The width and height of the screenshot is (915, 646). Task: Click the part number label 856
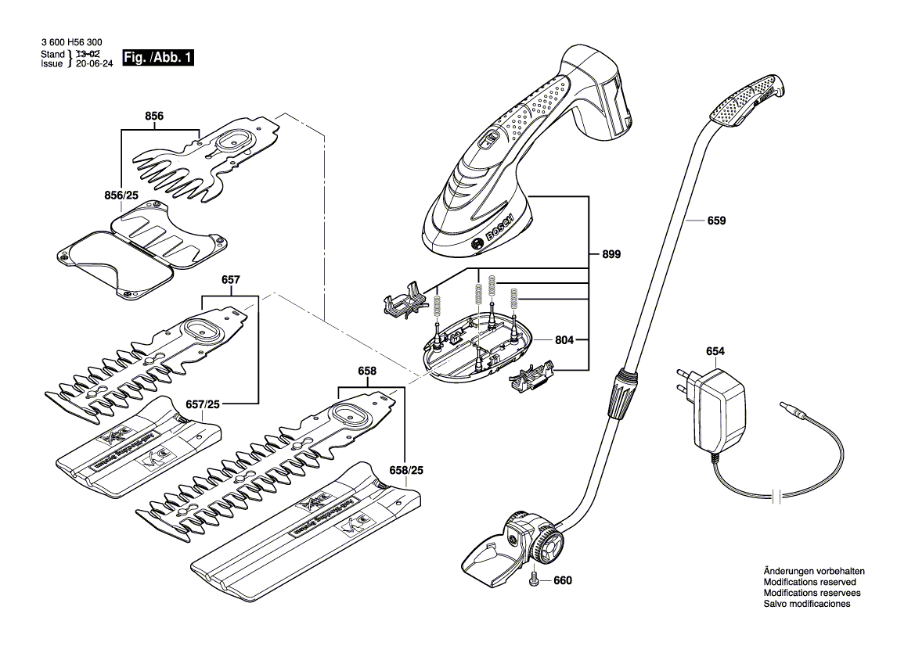coord(154,117)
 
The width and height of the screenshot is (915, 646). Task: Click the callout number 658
coord(366,371)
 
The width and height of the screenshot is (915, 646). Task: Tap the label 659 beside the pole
coord(715,221)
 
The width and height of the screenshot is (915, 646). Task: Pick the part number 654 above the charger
coord(715,352)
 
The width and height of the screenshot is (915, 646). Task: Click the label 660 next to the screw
coord(563,581)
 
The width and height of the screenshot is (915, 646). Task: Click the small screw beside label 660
coord(534,580)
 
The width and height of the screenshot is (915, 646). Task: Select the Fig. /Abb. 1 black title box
coord(158,59)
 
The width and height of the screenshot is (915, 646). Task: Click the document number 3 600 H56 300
coord(70,43)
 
